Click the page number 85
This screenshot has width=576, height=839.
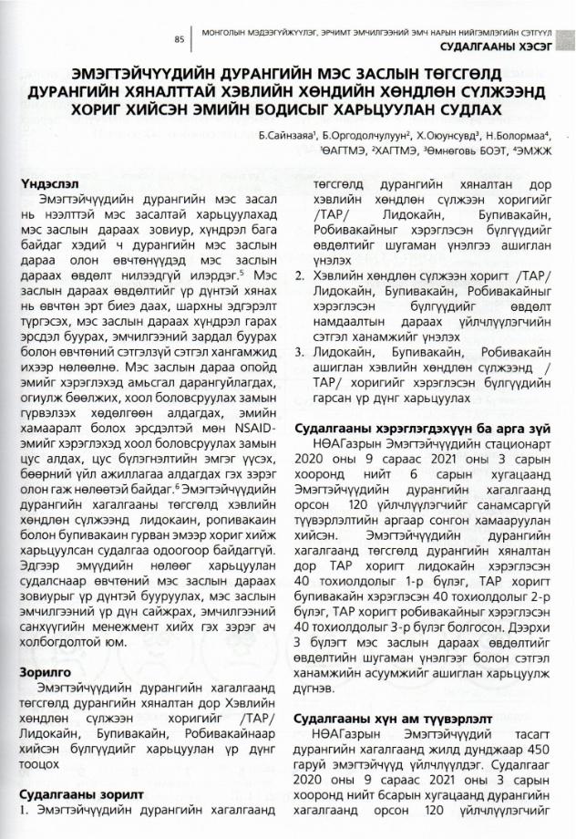coord(179,39)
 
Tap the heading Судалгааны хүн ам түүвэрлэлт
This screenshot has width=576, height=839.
coord(392,719)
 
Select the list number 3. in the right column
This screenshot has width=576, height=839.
coord(306,354)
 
